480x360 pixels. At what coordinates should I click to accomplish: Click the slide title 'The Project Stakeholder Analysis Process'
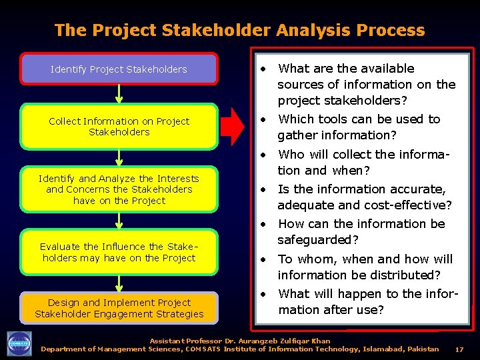(239, 30)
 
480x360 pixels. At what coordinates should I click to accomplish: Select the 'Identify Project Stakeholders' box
(119, 69)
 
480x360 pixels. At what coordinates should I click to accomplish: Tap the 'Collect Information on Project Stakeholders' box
(119, 127)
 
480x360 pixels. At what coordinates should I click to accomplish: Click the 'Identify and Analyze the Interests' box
(119, 189)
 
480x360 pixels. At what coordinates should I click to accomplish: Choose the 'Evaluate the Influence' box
(119, 253)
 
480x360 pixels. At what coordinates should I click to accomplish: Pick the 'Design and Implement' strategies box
(119, 308)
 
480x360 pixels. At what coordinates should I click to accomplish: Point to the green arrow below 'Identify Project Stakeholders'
(119, 94)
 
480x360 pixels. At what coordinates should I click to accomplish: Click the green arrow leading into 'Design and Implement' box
(119, 283)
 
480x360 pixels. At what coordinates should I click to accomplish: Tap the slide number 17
(459, 349)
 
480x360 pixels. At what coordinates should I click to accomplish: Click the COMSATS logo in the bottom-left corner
(19, 344)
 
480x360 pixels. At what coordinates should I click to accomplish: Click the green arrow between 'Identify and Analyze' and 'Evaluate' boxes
(119, 221)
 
